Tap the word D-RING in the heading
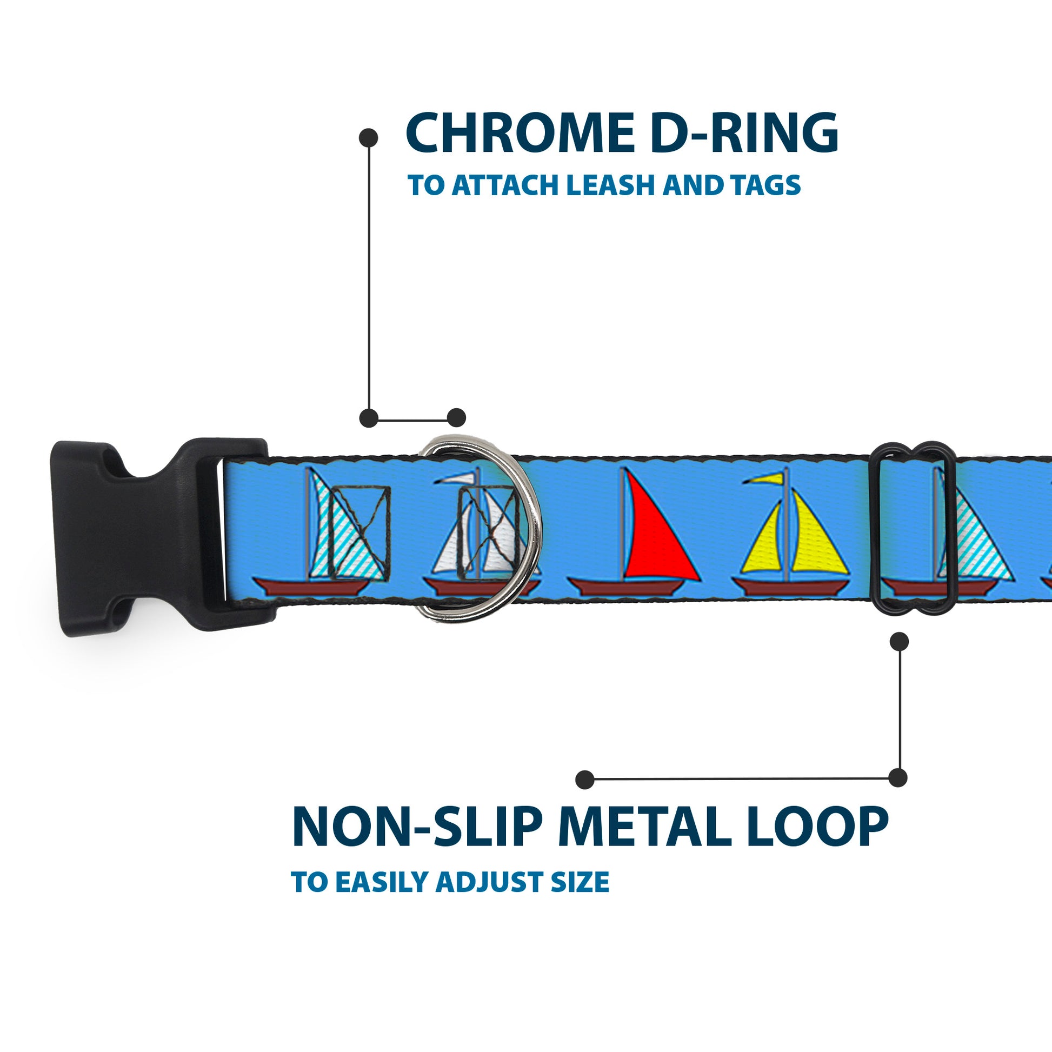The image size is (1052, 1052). pyautogui.click(x=744, y=134)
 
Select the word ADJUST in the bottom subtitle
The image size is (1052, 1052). pyautogui.click(x=490, y=883)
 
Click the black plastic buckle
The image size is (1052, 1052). pyautogui.click(x=136, y=537)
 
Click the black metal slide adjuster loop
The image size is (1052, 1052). pyautogui.click(x=878, y=536)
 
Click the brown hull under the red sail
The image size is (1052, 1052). pyautogui.click(x=626, y=587)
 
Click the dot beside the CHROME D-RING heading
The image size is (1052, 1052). pyautogui.click(x=369, y=138)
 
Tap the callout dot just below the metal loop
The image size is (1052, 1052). pyautogui.click(x=899, y=642)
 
